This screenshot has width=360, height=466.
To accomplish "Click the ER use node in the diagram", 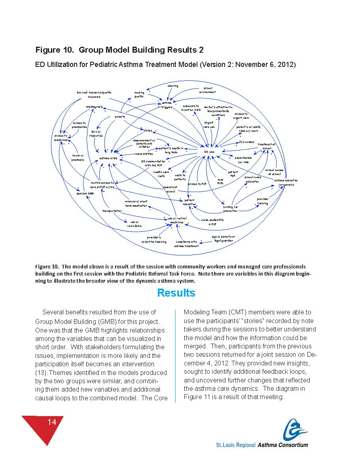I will tap(209, 152).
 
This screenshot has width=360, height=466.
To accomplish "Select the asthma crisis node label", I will tap(108, 158).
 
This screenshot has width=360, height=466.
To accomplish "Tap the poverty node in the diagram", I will tap(120, 117).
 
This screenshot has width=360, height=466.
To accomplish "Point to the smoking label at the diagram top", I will tap(173, 86).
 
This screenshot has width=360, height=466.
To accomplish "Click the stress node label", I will tap(148, 130).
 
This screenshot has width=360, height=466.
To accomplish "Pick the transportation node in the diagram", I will tap(112, 211).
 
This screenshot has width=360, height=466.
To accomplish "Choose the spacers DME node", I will tap(85, 193).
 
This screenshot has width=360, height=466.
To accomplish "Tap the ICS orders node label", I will tap(246, 142).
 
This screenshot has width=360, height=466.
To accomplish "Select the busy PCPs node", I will tap(220, 181).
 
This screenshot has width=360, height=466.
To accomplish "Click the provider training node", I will tap(262, 201).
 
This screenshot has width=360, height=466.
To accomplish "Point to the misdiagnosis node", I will tap(94, 107).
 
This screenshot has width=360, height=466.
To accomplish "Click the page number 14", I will tap(52, 422).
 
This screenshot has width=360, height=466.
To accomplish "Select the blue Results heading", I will tap(176, 293).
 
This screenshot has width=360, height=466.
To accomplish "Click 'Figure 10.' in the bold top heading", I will tap(55, 50).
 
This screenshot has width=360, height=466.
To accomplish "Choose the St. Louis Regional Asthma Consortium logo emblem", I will tap(295, 429).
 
